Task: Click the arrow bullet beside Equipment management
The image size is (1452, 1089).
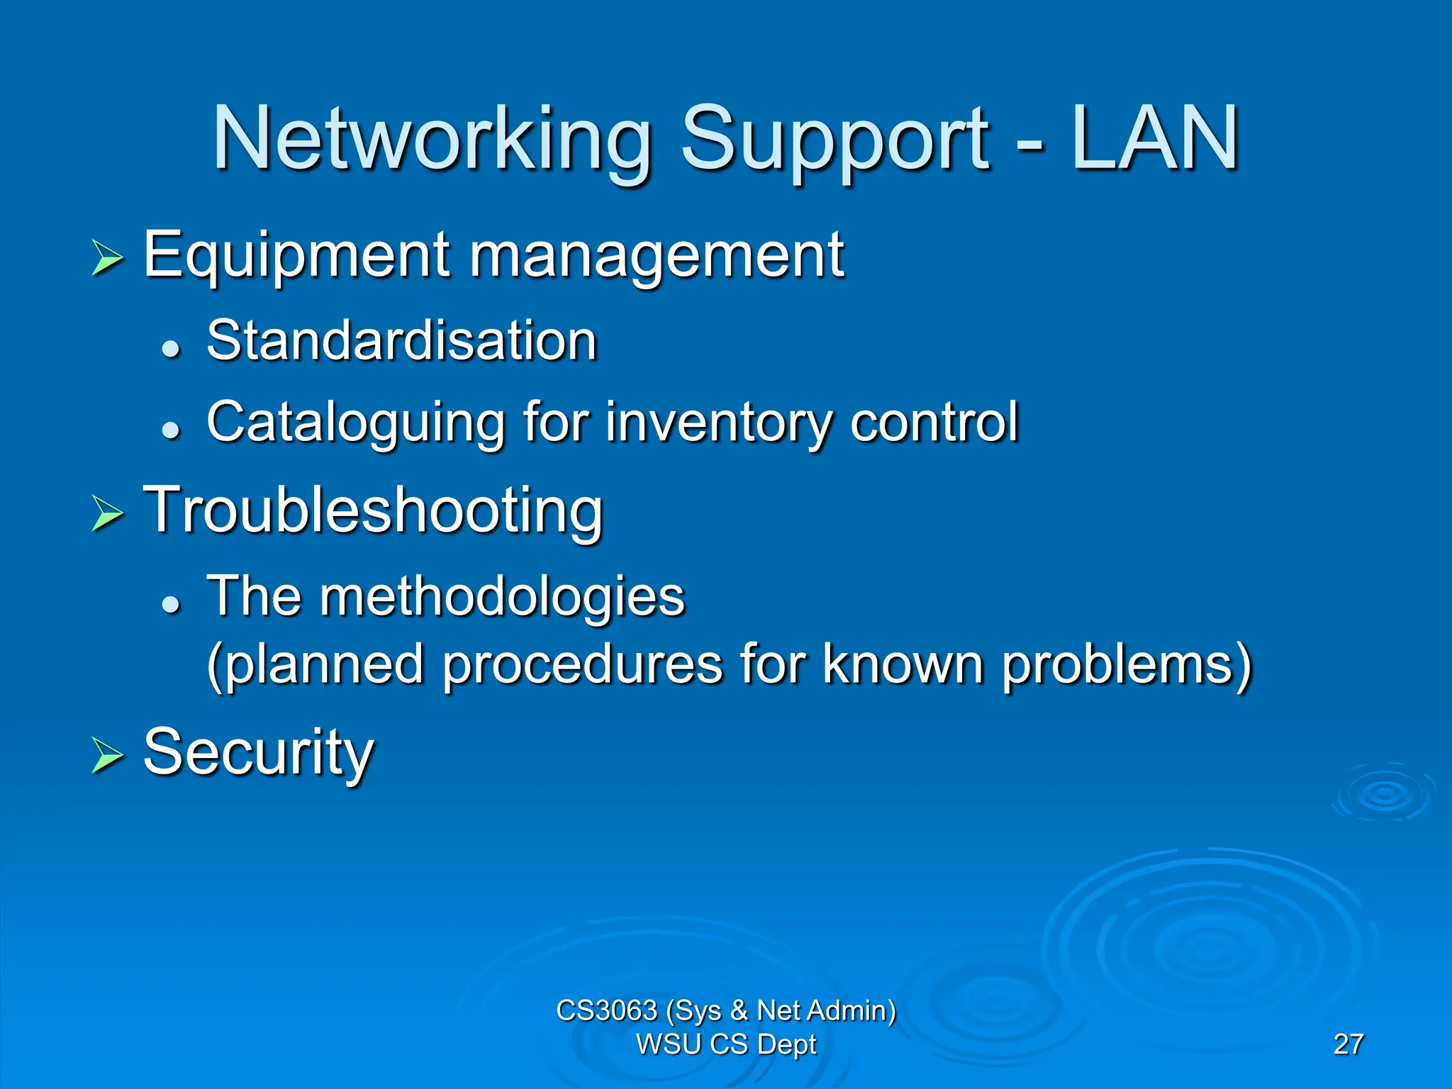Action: coord(108,258)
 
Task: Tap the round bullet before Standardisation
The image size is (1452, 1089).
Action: coord(170,348)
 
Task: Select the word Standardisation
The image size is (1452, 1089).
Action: coord(402,341)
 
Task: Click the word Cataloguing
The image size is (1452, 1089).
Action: coord(355,423)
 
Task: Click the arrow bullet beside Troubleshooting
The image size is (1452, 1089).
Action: coord(108,513)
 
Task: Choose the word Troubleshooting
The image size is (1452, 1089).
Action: coord(373,510)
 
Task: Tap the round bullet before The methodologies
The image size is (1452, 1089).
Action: coord(170,604)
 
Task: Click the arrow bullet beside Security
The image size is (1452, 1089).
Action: coord(108,756)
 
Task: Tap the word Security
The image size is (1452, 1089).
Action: coord(258,753)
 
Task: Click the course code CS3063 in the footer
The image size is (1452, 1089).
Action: coord(606,1010)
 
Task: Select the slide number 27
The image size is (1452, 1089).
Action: coord(1348,1044)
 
